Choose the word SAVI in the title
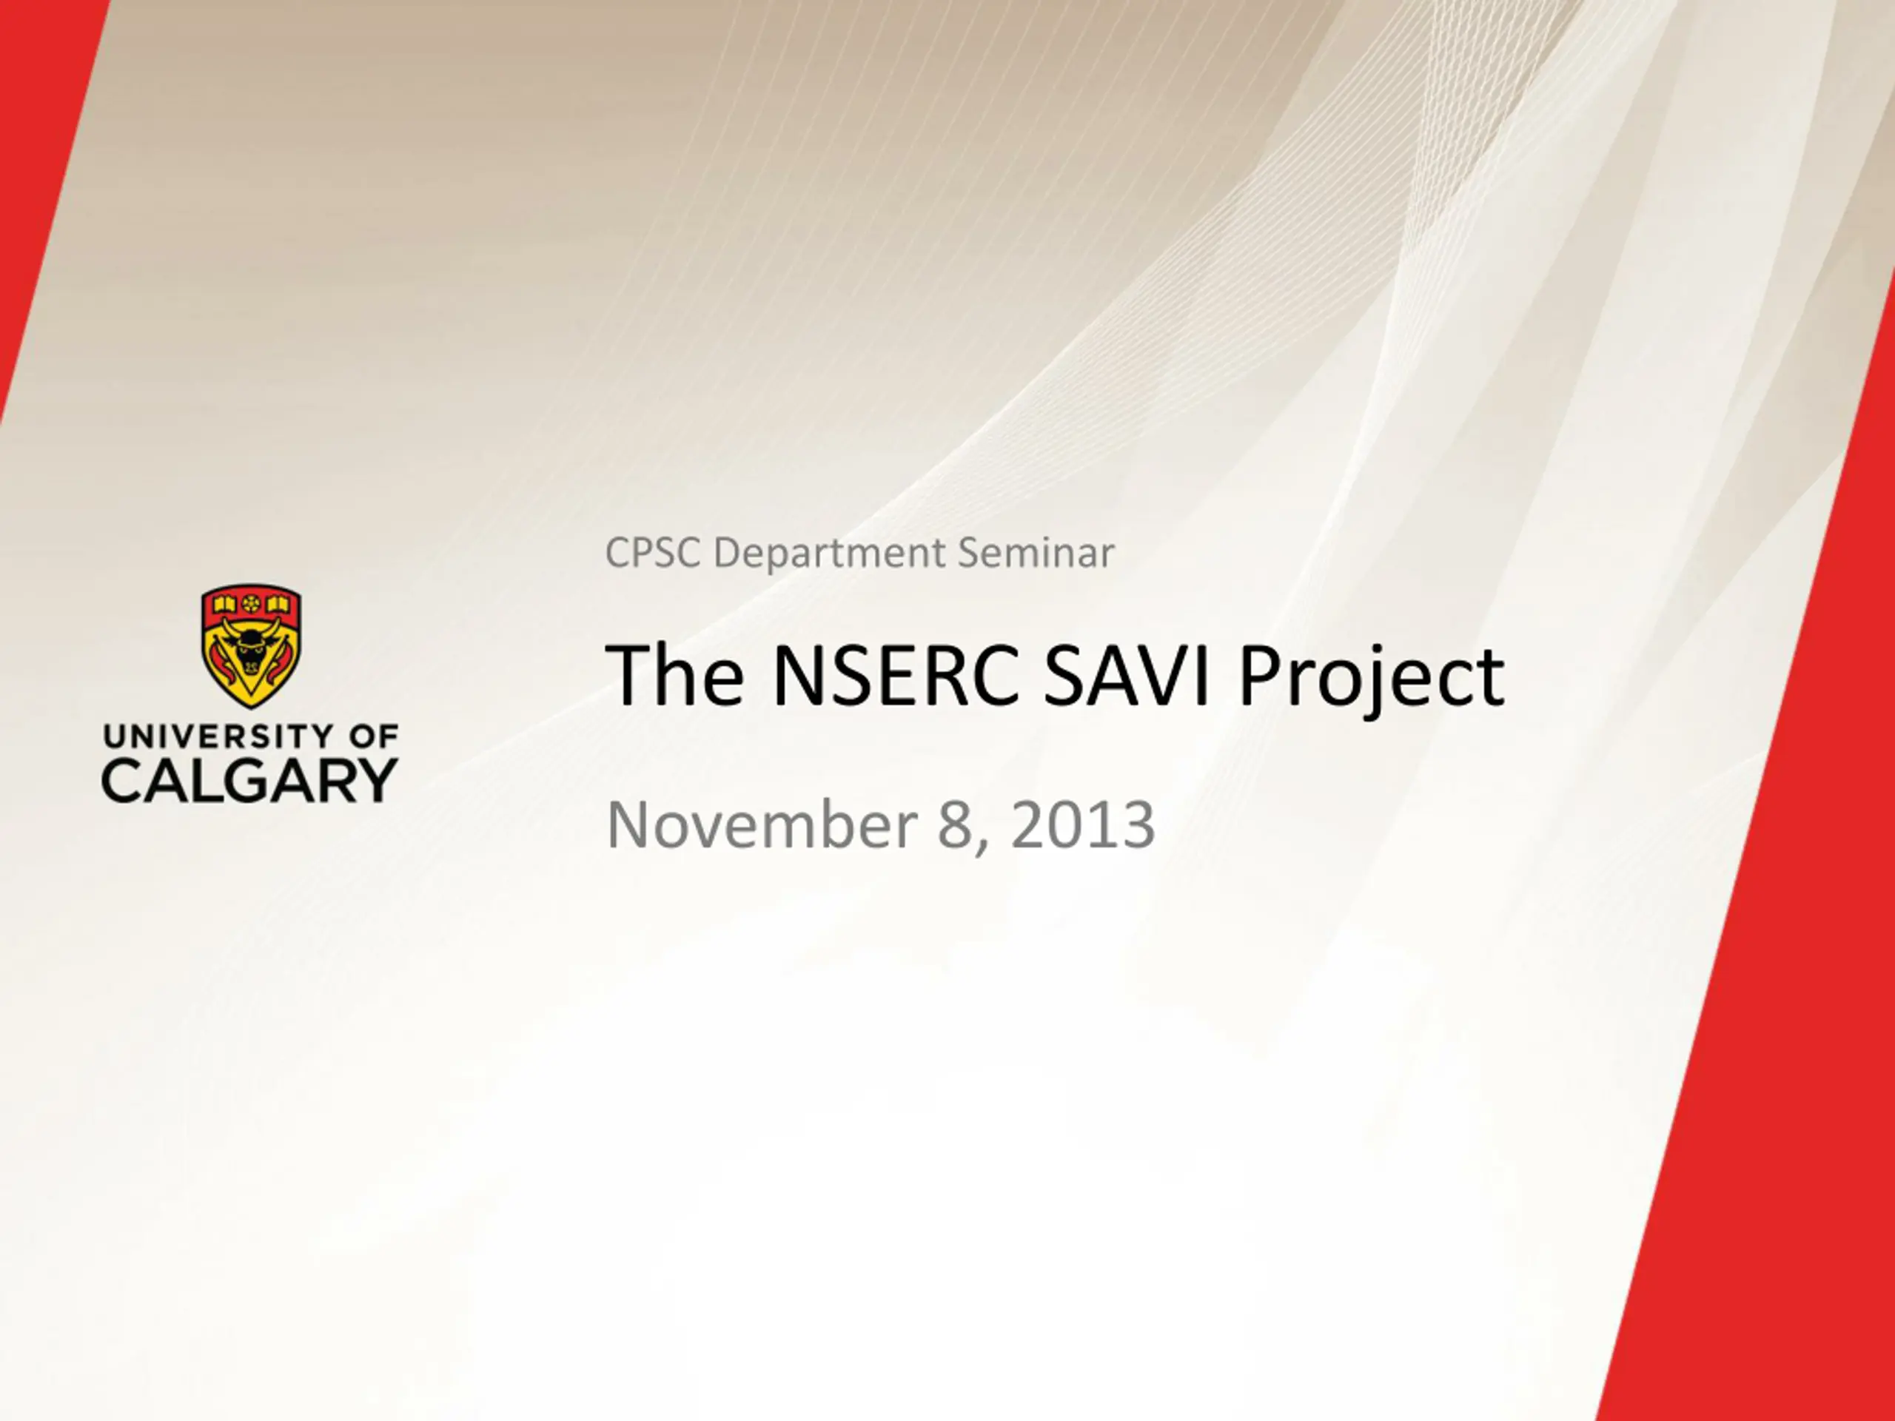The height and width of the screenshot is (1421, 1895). pos(1128,676)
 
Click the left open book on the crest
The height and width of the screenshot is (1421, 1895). pos(224,605)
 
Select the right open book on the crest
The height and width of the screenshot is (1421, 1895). pos(277,605)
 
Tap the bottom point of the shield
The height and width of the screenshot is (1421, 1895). pos(250,708)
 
